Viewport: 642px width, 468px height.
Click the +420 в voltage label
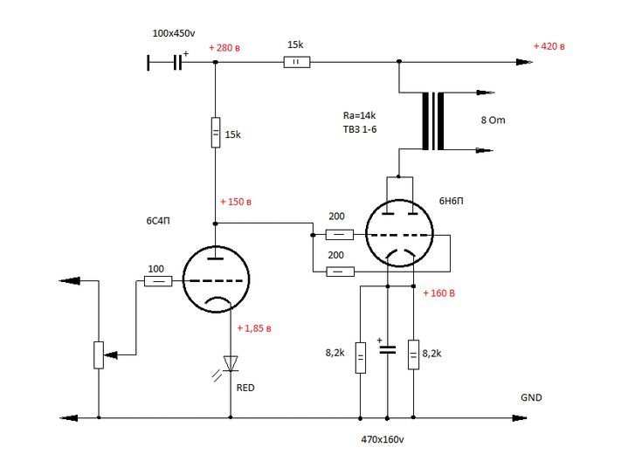click(x=549, y=46)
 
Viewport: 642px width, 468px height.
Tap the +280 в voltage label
click(x=224, y=48)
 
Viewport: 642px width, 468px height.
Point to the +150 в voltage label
click(x=236, y=202)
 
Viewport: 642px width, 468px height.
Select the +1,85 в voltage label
click(x=254, y=328)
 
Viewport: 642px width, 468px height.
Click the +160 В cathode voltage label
click(x=438, y=293)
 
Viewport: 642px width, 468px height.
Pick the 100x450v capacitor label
click(x=174, y=33)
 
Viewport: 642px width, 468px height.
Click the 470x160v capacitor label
click(x=383, y=440)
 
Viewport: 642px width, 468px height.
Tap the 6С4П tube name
click(x=158, y=221)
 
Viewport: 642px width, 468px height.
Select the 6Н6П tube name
click(x=452, y=201)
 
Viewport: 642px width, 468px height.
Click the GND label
click(x=531, y=397)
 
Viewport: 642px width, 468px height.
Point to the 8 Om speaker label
click(x=493, y=120)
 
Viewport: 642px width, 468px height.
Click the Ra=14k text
click(x=359, y=115)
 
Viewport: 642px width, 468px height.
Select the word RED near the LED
click(x=245, y=388)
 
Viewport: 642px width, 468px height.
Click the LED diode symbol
click(x=231, y=363)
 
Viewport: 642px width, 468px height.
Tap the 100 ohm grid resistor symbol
click(x=158, y=281)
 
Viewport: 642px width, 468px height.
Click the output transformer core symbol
click(x=433, y=121)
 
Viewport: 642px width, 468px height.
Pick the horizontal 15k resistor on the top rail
click(x=297, y=62)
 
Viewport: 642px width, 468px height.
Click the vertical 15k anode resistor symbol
click(x=216, y=132)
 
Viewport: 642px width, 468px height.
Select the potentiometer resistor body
click(x=99, y=355)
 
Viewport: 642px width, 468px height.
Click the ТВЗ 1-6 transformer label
click(x=360, y=129)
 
